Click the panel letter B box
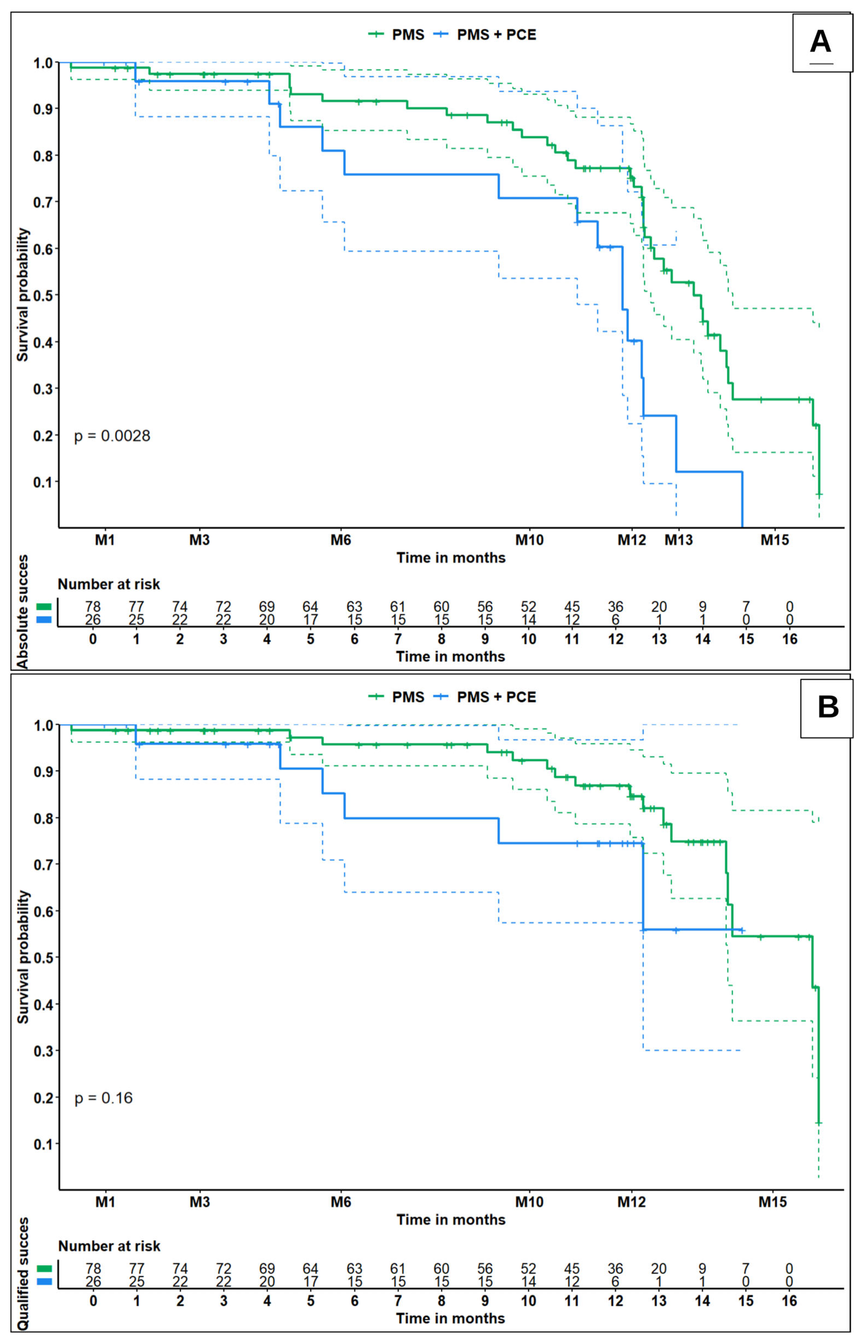(827, 708)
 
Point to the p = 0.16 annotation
(104, 1098)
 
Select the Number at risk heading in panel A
(109, 584)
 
